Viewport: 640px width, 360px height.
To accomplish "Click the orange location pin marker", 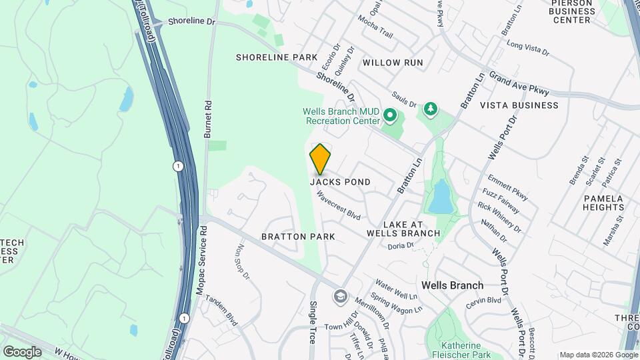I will [x=321, y=159].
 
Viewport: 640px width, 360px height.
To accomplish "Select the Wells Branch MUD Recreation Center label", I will [x=341, y=117].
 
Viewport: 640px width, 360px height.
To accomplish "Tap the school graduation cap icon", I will [x=341, y=295].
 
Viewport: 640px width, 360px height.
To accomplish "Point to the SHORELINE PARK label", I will [x=277, y=57].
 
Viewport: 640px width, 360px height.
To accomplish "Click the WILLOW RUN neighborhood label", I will [x=393, y=63].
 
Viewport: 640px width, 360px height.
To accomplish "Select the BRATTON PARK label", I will [x=298, y=237].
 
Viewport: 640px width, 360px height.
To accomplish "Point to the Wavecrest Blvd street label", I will [x=339, y=207].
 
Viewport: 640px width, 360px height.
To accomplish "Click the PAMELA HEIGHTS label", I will [x=603, y=203].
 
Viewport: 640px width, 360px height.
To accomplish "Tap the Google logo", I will [x=22, y=351].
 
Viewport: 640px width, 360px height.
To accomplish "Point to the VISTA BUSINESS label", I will [x=519, y=105].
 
